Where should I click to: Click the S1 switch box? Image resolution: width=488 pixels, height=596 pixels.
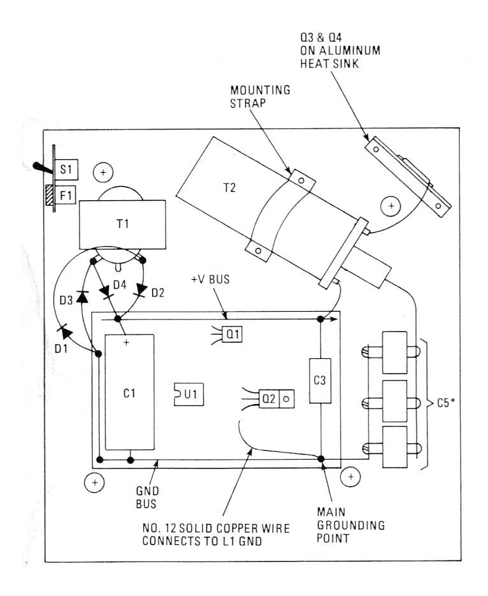point(66,173)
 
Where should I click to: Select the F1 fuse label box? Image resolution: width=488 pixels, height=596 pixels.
point(66,193)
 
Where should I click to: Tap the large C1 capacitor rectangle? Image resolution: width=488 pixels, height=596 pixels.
point(129,393)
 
